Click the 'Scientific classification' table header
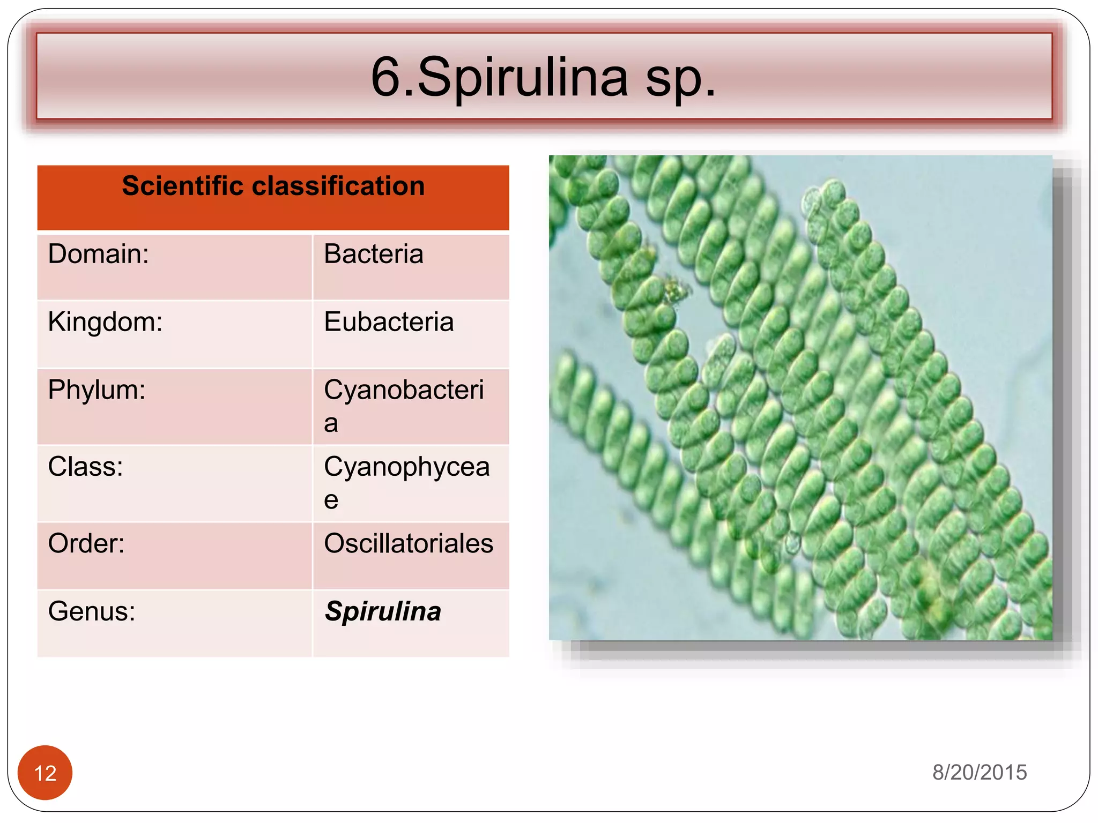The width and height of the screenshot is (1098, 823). tap(273, 186)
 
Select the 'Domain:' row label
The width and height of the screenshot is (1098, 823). tap(99, 254)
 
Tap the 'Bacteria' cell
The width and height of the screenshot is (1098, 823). tap(374, 254)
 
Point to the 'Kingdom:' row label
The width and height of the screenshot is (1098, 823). tap(105, 322)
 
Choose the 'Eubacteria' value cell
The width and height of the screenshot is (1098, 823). tap(389, 322)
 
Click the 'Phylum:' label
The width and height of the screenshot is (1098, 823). tap(97, 390)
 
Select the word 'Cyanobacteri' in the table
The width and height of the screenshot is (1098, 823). tap(404, 390)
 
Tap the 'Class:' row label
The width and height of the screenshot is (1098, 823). tap(85, 467)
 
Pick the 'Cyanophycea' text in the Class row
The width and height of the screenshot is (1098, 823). tap(406, 467)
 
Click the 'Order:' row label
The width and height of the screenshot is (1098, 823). tap(86, 543)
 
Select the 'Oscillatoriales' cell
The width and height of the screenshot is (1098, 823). tap(409, 543)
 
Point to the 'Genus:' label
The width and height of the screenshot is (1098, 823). tap(92, 611)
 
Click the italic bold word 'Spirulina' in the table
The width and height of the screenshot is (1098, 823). tap(383, 611)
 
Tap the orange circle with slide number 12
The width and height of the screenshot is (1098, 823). tap(45, 773)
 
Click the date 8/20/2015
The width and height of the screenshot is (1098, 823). tap(979, 772)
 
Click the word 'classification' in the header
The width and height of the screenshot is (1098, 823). tap(338, 186)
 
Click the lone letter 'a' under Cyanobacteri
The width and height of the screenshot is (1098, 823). tap(331, 423)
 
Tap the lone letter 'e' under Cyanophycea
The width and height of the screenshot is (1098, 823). tap(331, 500)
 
